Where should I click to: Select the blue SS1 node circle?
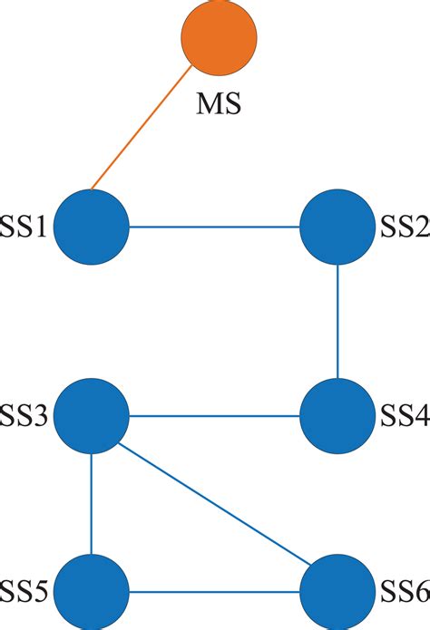91,227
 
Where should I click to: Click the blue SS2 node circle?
337,227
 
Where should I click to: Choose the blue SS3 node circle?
91,417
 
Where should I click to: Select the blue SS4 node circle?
337,417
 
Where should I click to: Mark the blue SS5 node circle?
91,594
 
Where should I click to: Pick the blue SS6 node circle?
337,594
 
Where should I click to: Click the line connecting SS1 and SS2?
214,227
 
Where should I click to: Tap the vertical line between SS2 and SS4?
337,322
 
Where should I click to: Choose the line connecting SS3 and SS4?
214,417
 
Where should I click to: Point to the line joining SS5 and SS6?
214,594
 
